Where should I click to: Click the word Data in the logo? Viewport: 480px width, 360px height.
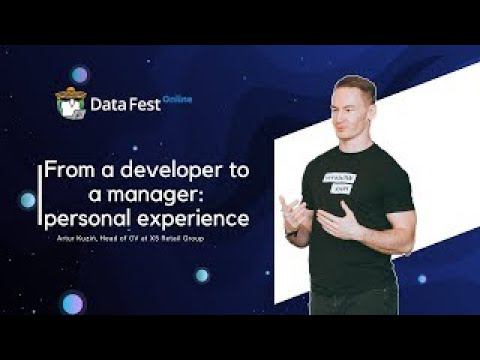107,102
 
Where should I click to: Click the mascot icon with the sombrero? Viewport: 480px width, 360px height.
69,104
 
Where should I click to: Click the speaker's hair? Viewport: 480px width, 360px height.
356,83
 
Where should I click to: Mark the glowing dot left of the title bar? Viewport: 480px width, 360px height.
27,199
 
